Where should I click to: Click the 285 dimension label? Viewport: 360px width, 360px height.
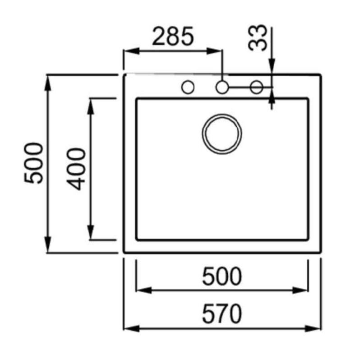point(173,36)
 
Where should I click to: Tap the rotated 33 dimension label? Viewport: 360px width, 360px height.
point(258,37)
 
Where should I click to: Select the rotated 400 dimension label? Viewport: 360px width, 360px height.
point(76,169)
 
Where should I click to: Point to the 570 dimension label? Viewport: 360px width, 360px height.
point(222,314)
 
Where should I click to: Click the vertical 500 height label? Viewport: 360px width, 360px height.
point(33,163)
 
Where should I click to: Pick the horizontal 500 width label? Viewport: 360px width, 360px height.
point(222,276)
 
